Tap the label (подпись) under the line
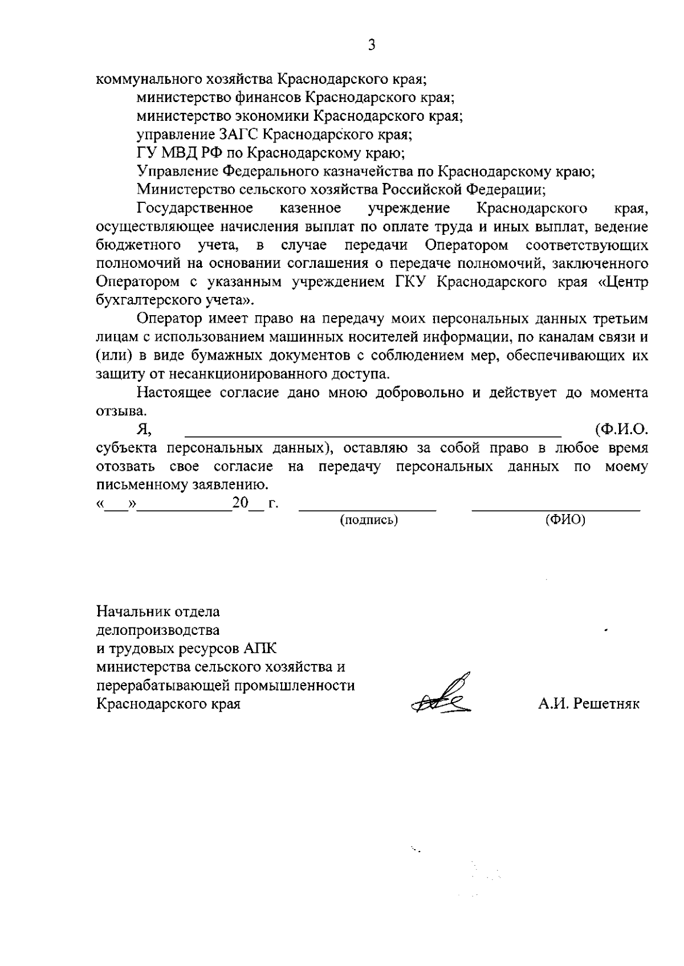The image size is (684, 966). pyautogui.click(x=369, y=520)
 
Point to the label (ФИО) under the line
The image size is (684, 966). pyautogui.click(x=565, y=520)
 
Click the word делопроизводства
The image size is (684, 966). pyautogui.click(x=158, y=630)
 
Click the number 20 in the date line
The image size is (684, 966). pyautogui.click(x=240, y=504)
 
